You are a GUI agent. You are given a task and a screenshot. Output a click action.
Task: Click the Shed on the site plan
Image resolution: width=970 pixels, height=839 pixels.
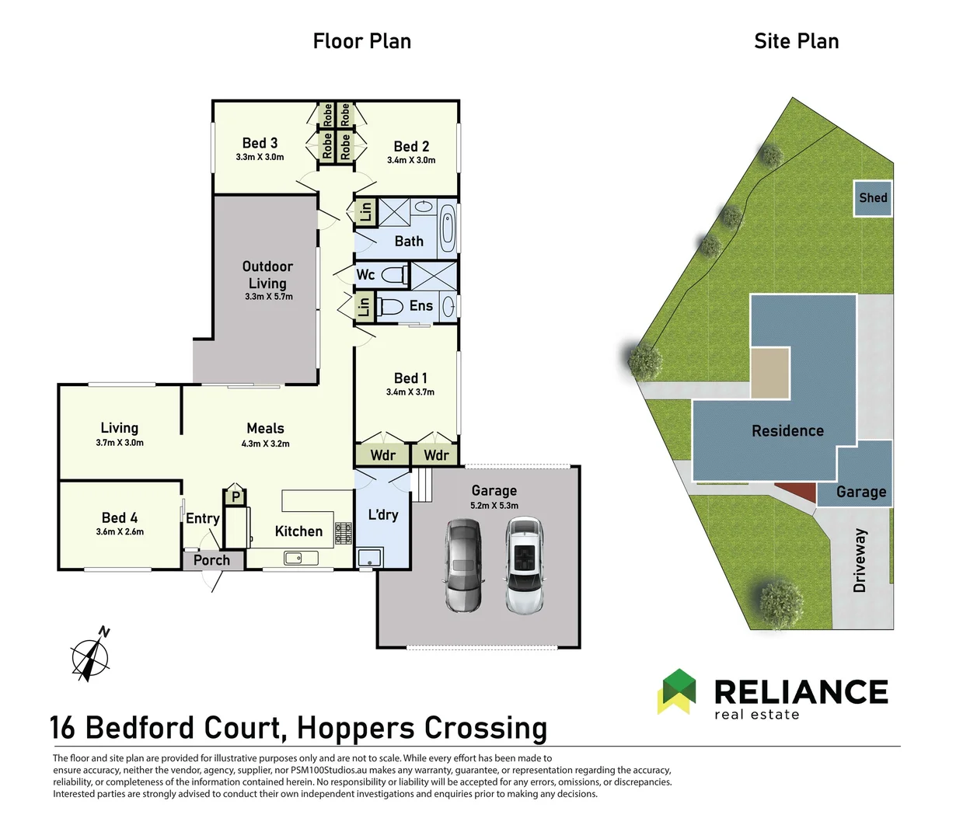click(873, 198)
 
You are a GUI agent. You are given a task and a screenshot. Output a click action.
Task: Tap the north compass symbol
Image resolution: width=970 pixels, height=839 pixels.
click(91, 655)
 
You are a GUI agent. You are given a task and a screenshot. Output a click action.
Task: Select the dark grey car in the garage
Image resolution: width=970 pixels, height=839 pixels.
click(463, 565)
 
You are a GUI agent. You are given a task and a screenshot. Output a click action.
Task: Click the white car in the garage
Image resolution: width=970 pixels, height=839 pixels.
click(525, 566)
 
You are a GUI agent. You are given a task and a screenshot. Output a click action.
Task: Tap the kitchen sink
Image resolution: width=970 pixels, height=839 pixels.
click(295, 557)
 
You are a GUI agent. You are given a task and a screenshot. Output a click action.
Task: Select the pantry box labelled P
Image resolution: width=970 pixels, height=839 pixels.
click(236, 496)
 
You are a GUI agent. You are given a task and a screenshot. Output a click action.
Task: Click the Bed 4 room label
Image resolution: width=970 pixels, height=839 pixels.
click(120, 517)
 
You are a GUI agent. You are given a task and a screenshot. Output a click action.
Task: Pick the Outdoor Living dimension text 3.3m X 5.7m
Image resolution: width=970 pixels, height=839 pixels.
click(269, 297)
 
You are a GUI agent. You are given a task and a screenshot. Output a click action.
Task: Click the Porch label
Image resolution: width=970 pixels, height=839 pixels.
click(211, 560)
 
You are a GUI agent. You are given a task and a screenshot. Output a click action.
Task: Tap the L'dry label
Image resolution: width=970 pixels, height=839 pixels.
click(382, 514)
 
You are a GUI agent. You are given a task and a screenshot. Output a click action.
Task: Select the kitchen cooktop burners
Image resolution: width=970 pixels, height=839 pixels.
click(344, 533)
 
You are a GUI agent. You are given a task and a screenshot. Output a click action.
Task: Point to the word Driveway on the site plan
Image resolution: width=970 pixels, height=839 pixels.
click(860, 560)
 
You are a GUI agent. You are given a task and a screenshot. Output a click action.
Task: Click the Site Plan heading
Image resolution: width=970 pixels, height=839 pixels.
click(796, 41)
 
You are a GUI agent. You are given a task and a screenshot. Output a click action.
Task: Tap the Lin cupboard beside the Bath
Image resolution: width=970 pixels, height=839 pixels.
click(365, 212)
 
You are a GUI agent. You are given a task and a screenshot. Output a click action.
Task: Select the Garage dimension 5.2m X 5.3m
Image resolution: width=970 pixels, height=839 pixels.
click(494, 506)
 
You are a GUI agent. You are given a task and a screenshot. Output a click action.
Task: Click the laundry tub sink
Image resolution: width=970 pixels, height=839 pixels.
click(369, 557)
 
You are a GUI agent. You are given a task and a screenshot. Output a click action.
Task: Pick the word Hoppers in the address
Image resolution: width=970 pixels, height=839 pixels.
click(356, 728)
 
